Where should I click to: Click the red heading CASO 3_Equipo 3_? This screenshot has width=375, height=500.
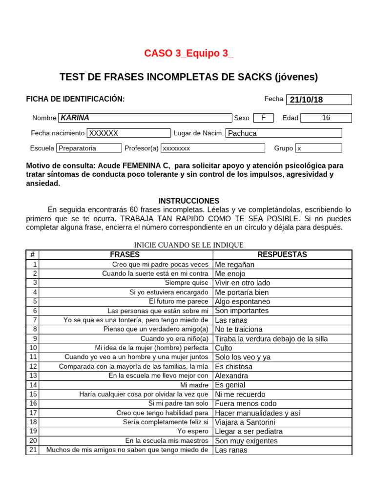(188, 54)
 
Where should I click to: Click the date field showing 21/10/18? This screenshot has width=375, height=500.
(318, 100)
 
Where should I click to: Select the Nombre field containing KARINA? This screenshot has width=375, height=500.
(145, 118)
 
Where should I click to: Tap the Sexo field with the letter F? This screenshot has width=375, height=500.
(264, 118)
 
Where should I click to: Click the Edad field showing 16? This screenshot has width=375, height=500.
(326, 118)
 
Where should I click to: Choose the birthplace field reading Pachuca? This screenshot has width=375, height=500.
(284, 133)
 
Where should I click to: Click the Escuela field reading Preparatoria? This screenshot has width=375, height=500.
(89, 148)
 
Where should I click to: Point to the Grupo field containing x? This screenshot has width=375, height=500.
(318, 148)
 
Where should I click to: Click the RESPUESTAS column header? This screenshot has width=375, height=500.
(282, 254)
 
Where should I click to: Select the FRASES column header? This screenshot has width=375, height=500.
(125, 254)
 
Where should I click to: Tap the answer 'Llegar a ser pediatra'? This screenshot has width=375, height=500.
(249, 431)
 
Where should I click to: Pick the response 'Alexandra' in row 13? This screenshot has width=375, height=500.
(231, 375)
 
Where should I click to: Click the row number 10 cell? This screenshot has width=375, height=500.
(33, 348)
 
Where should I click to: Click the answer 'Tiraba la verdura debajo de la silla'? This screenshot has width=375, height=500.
(271, 338)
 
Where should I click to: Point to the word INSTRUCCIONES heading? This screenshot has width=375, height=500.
(189, 201)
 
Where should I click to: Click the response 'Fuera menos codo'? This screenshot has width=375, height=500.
(246, 403)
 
